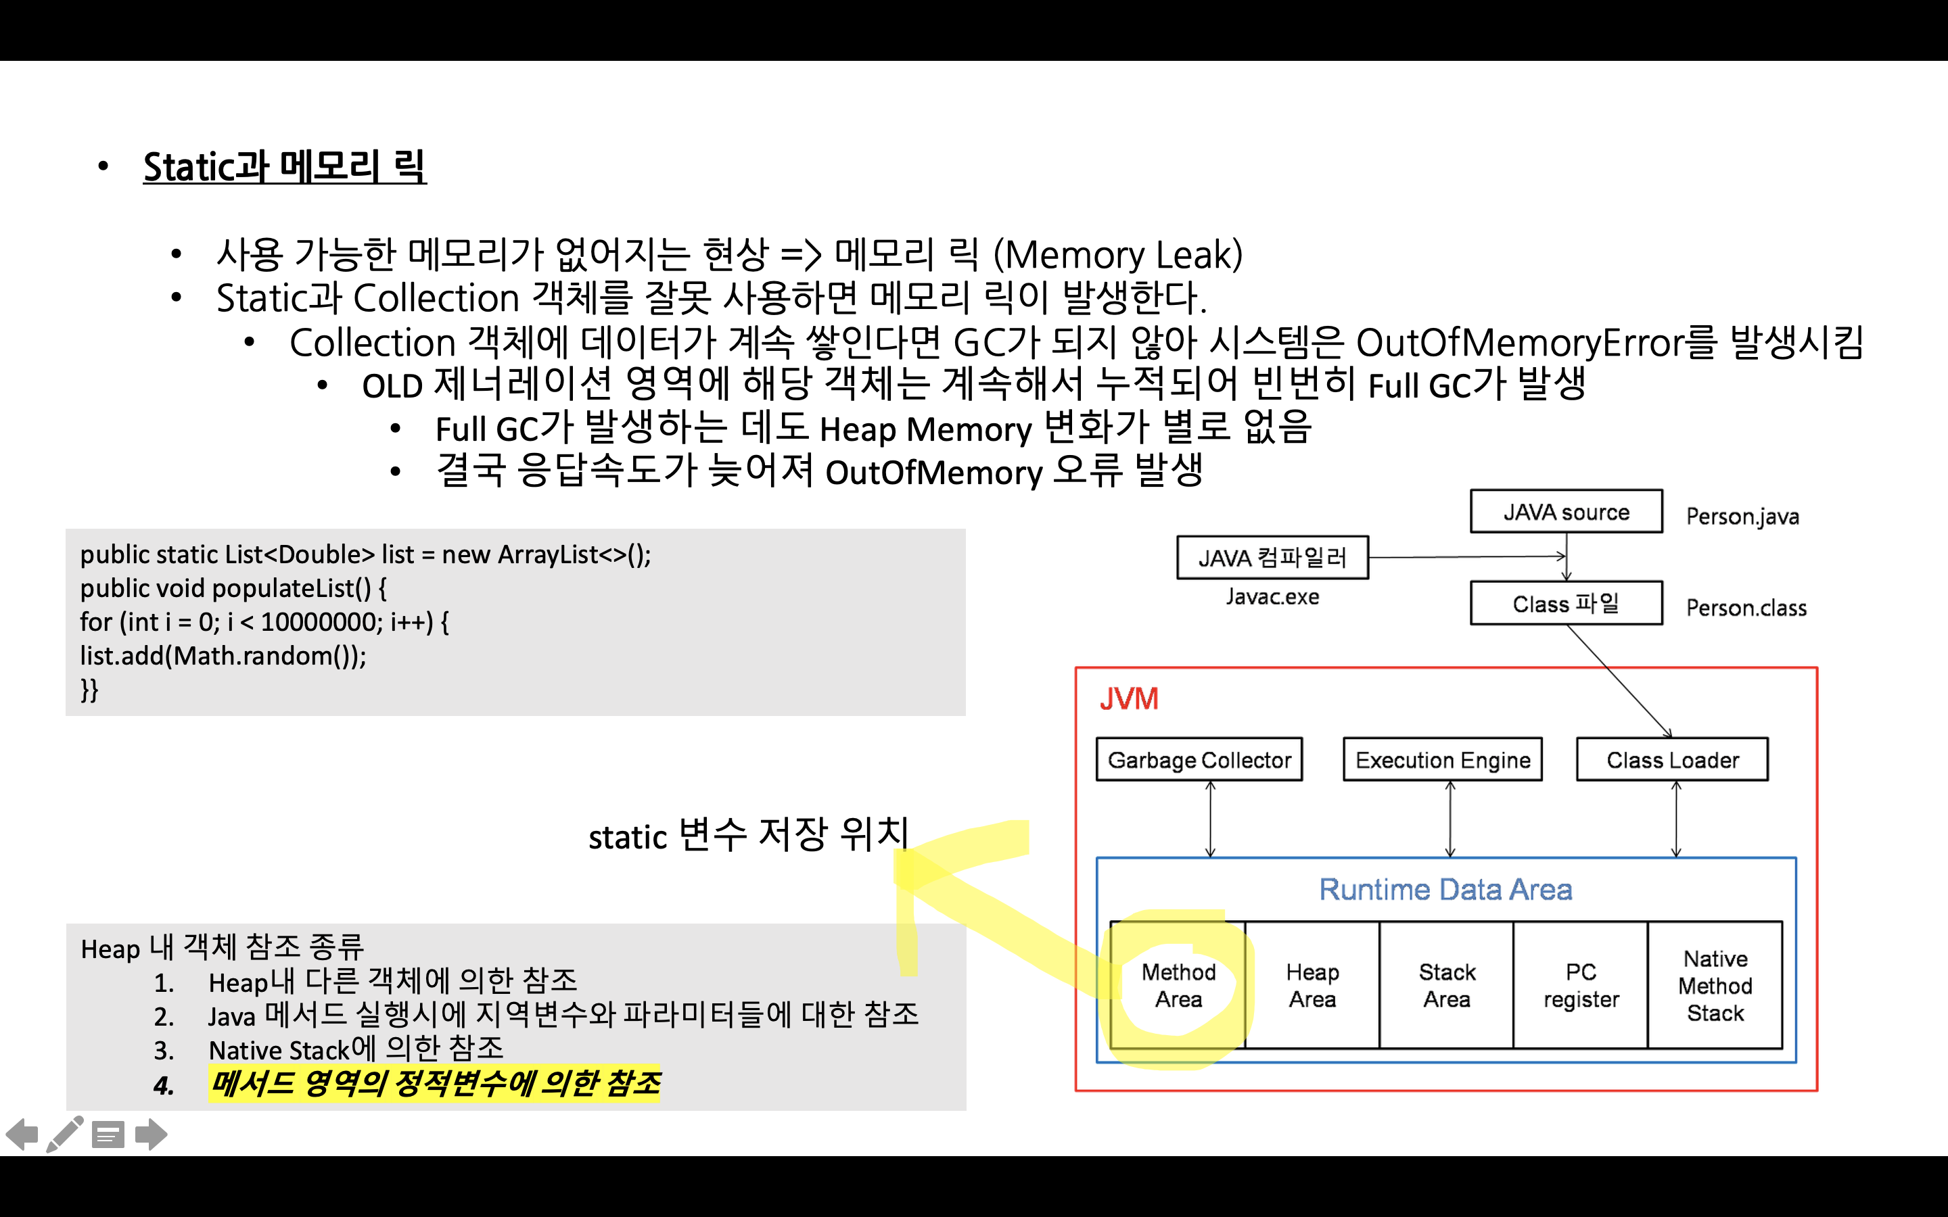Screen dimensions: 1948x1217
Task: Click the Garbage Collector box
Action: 1199,759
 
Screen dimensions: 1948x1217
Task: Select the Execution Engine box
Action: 1443,759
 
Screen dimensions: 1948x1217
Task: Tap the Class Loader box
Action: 1672,759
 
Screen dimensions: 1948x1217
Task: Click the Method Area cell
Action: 1178,985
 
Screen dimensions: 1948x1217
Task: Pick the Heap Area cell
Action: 1312,985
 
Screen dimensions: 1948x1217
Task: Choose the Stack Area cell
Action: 1447,985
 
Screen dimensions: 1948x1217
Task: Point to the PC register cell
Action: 1580,985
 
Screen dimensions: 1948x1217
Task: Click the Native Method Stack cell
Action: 1715,985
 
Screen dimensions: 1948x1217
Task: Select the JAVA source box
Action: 1566,512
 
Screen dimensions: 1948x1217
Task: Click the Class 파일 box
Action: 1566,604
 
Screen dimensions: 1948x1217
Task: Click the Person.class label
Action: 1746,608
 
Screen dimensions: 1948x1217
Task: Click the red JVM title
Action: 1128,698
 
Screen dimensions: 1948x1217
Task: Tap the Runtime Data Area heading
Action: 1445,889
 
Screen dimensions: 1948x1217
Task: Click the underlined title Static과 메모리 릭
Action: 284,168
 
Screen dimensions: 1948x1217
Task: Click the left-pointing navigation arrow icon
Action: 22,1135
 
